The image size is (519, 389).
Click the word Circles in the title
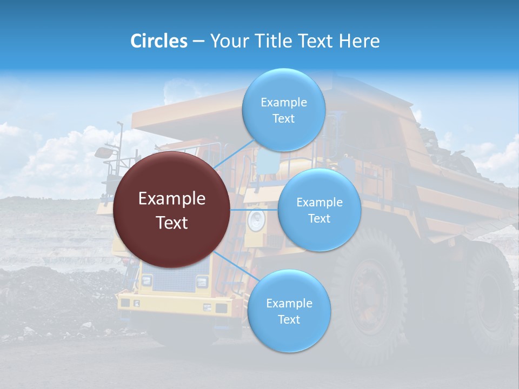pyautogui.click(x=159, y=41)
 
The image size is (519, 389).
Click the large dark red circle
pyautogui.click(x=172, y=210)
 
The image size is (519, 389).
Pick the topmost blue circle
pyautogui.click(x=283, y=110)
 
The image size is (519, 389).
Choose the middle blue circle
pyautogui.click(x=319, y=210)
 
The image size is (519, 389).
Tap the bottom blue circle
pyautogui.click(x=289, y=311)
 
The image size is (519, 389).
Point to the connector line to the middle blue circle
pyautogui.click(x=254, y=210)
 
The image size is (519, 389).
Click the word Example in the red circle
pyautogui.click(x=172, y=199)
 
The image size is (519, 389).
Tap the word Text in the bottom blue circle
pyautogui.click(x=289, y=319)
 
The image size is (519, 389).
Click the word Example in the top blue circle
pyautogui.click(x=283, y=102)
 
